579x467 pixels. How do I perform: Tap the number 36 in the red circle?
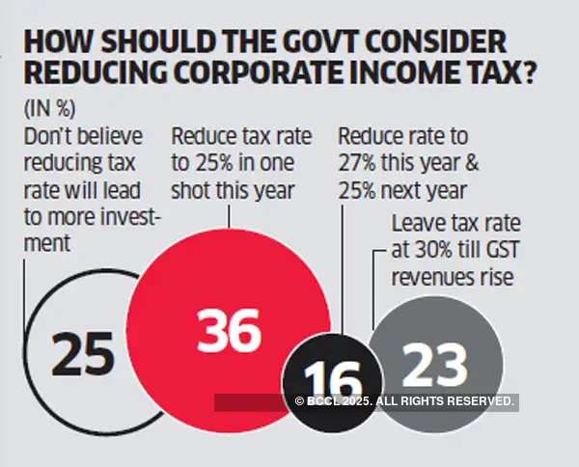(228, 331)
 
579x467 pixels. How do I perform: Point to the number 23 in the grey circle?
(434, 365)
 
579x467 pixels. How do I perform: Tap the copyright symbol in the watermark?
(299, 400)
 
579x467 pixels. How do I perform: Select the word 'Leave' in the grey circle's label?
(416, 226)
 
